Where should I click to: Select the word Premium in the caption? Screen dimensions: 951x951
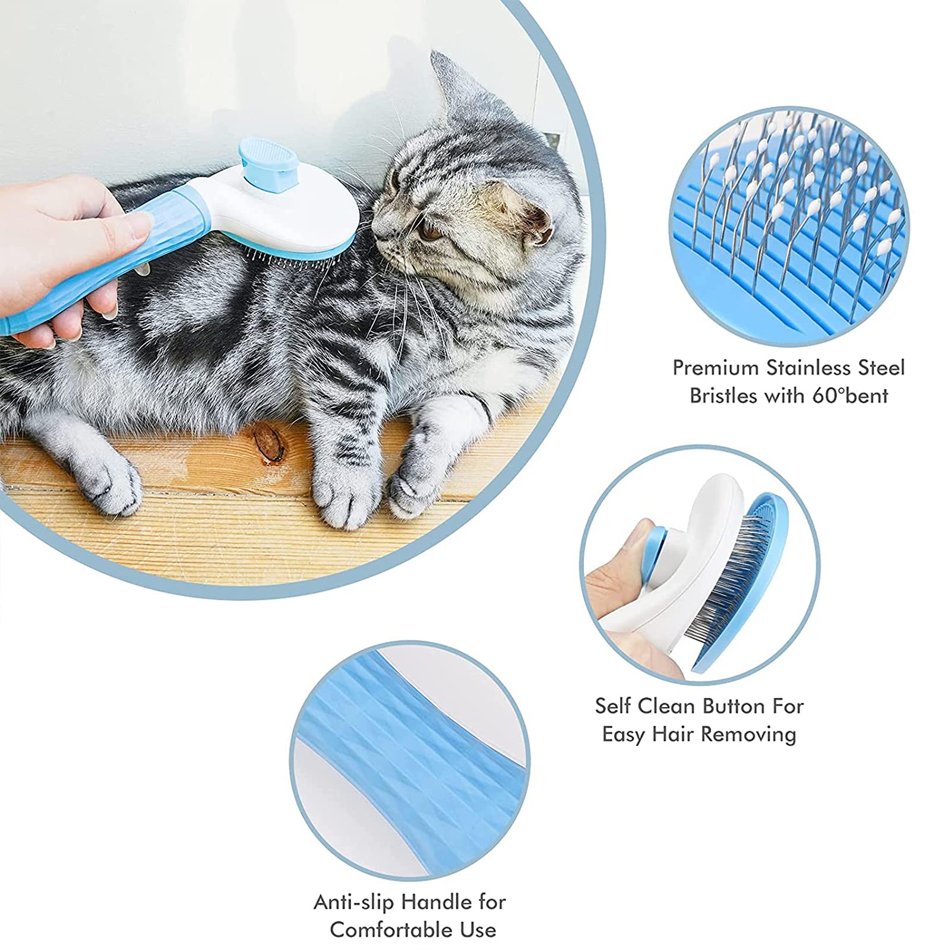716,368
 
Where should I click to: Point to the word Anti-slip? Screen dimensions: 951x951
353,902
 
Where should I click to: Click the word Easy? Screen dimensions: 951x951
624,735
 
